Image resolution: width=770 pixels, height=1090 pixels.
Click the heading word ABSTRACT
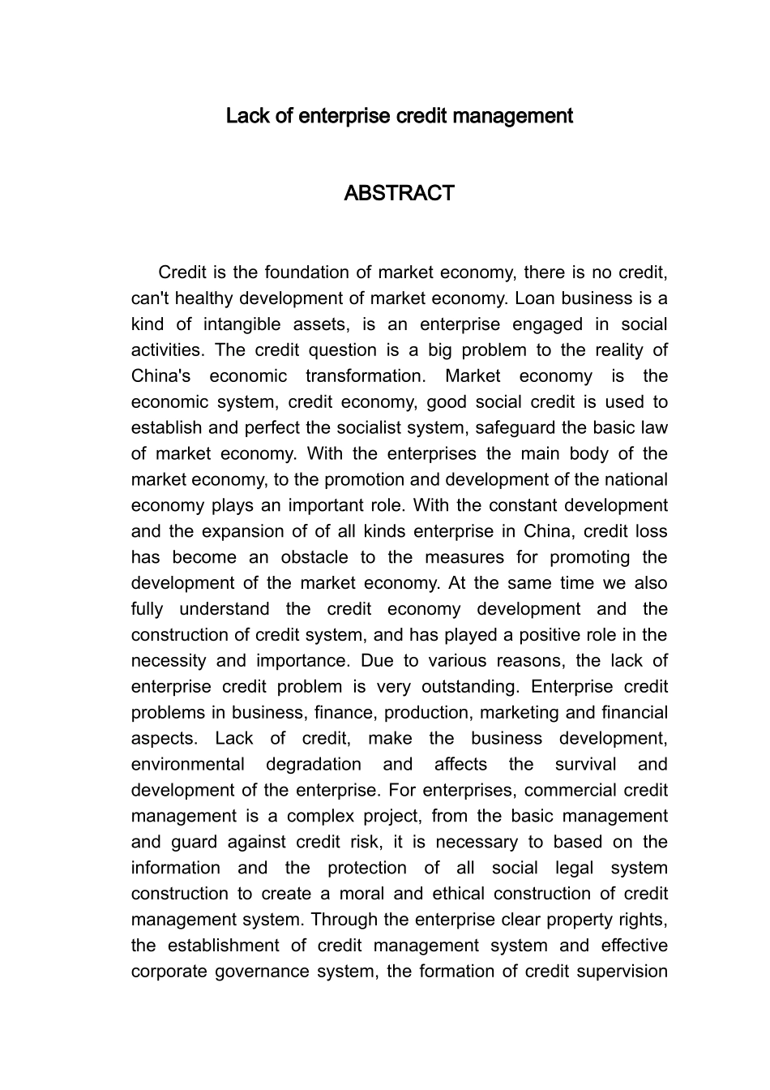tap(399, 194)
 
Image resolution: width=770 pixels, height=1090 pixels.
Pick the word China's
tap(160, 376)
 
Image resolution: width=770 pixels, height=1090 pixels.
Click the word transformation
tap(365, 376)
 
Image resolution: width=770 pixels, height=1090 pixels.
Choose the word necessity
tap(169, 661)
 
